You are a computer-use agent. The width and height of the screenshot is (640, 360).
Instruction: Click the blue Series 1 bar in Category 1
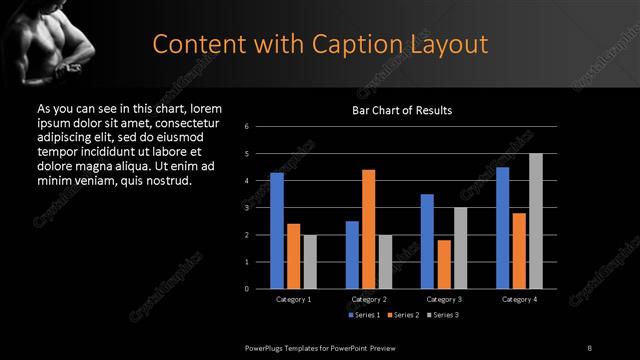tap(277, 231)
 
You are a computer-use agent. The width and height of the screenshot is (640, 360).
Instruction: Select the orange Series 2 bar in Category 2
tap(368, 229)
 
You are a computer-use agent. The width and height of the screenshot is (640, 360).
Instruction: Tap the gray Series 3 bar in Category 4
tap(535, 221)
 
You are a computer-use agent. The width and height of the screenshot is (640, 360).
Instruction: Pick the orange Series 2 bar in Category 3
tap(444, 264)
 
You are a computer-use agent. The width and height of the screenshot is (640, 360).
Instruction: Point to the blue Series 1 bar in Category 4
tap(502, 228)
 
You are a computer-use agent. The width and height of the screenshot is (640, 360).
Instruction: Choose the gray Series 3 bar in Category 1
tap(310, 262)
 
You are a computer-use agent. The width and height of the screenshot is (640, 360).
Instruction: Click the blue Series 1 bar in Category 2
tap(352, 255)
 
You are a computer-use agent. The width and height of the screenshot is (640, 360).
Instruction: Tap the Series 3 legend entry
tap(443, 316)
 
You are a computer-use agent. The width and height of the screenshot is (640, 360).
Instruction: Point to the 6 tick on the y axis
tap(247, 127)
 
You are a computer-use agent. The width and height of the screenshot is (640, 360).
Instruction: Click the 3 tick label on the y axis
tap(247, 208)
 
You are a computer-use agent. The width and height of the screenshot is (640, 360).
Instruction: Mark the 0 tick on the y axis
tap(247, 289)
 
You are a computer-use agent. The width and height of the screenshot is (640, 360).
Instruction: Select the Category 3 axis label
tap(444, 300)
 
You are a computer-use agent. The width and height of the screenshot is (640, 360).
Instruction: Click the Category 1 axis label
tap(294, 300)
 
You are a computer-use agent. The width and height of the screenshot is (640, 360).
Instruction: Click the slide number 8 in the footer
tap(589, 347)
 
